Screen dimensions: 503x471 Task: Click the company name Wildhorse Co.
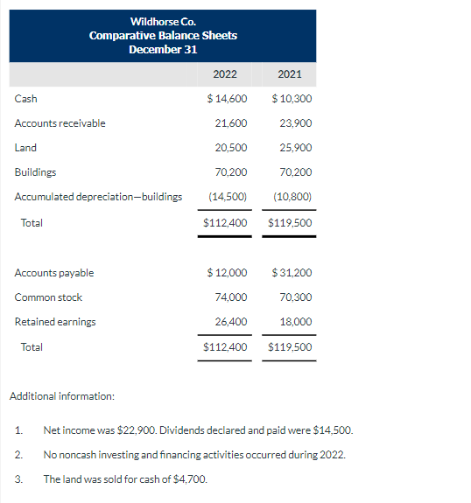point(163,21)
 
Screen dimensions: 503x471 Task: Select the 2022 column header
point(225,73)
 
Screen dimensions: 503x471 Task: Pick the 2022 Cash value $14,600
point(227,99)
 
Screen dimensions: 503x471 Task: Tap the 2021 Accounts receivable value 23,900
point(295,123)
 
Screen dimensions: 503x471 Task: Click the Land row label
point(25,148)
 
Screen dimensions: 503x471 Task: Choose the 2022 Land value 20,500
point(230,148)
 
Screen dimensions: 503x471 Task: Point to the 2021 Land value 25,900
point(295,148)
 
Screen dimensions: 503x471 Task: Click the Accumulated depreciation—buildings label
point(98,197)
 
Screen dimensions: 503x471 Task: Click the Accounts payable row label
point(54,273)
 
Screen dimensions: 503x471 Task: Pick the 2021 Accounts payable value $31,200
point(292,273)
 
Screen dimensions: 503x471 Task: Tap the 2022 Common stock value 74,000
point(230,297)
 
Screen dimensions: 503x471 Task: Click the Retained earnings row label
point(55,322)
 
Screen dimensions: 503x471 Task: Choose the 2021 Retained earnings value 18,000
point(295,322)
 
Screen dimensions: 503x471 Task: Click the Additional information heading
point(61,396)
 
